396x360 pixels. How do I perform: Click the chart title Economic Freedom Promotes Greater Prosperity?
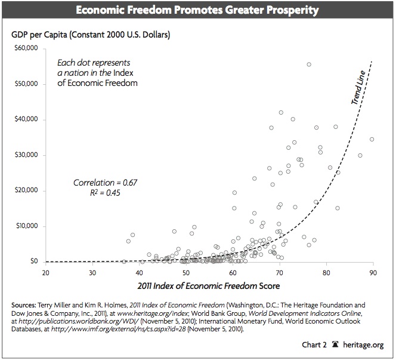[198, 10]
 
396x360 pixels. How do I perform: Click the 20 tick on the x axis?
[45, 273]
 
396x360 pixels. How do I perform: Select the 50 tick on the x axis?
[185, 273]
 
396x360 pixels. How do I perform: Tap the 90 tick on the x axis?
[373, 273]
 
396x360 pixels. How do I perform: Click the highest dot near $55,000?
[309, 64]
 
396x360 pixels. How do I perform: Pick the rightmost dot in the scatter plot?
[372, 139]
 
